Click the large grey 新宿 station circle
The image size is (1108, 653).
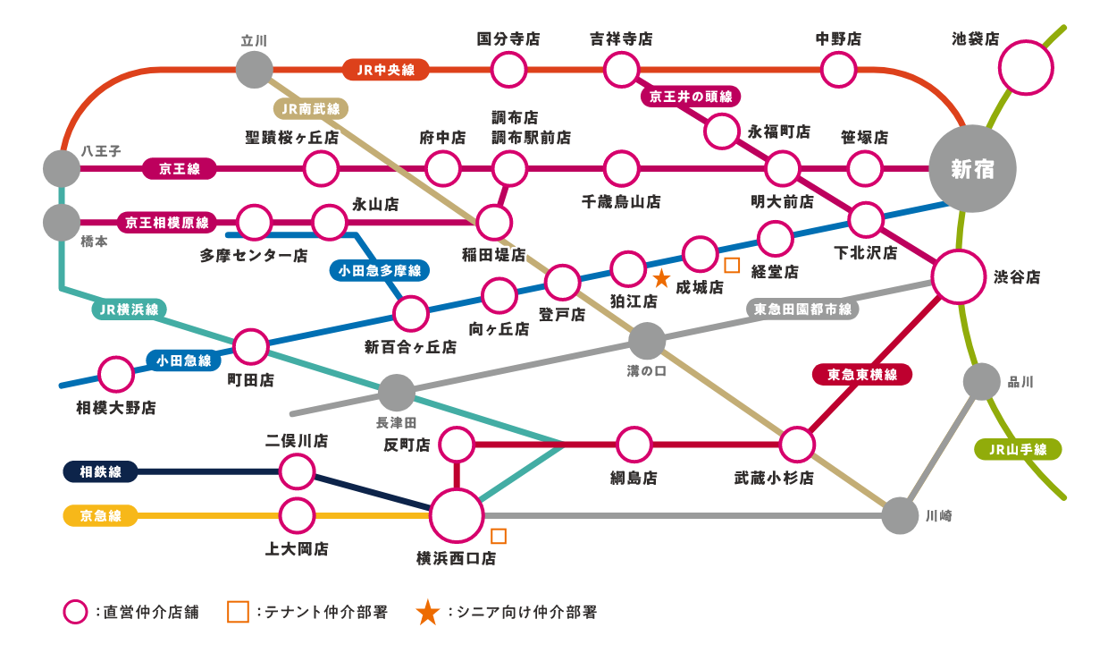[972, 169]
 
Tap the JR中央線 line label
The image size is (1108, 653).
[386, 70]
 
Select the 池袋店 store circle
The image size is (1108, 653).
[1026, 68]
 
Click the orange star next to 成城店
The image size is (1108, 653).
[661, 279]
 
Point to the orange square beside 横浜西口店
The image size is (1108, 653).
[498, 536]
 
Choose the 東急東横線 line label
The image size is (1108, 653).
[862, 374]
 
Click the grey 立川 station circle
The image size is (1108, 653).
[255, 70]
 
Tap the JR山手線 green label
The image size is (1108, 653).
[1018, 449]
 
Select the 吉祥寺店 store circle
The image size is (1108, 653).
[621, 70]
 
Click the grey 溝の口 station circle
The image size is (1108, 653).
[647, 341]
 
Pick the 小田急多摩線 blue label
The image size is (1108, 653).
[380, 270]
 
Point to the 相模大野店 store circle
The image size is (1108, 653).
[116, 374]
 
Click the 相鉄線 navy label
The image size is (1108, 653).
[100, 471]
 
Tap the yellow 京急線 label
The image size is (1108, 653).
[100, 515]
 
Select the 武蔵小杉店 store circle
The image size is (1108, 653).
[797, 445]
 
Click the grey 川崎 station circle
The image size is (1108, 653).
[901, 515]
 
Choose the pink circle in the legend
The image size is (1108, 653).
[75, 612]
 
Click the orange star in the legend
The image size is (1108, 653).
[427, 613]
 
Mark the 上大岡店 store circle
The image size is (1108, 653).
[297, 515]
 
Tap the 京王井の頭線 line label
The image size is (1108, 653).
[691, 96]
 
